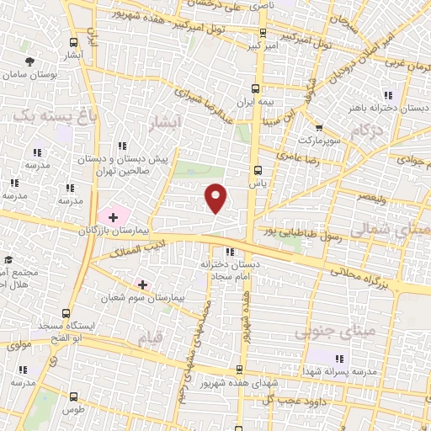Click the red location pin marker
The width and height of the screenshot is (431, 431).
point(216,198)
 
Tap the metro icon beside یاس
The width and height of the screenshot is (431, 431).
point(258,170)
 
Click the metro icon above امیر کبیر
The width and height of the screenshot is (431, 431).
point(263,34)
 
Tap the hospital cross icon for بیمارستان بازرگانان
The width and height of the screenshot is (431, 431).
point(113,217)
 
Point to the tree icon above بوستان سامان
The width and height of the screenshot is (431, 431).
point(30,61)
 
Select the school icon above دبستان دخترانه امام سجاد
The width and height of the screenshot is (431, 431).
point(229,251)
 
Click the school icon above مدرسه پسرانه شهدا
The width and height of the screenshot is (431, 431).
point(340,359)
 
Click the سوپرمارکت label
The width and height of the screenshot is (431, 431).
point(322,141)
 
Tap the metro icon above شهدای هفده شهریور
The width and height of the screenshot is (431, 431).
point(241,371)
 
